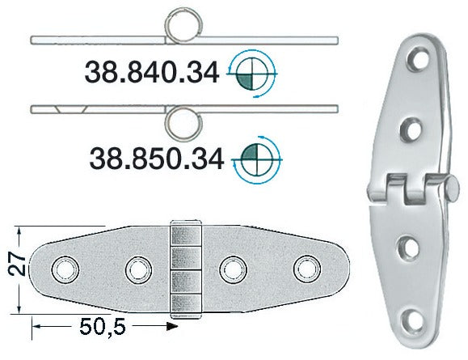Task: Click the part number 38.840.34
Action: tap(152, 73)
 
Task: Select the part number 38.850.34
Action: tap(157, 159)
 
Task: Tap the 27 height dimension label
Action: tap(16, 265)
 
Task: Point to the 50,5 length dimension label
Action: tap(103, 327)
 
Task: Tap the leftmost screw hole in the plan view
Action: tap(65, 269)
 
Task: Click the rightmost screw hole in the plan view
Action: tap(307, 269)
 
